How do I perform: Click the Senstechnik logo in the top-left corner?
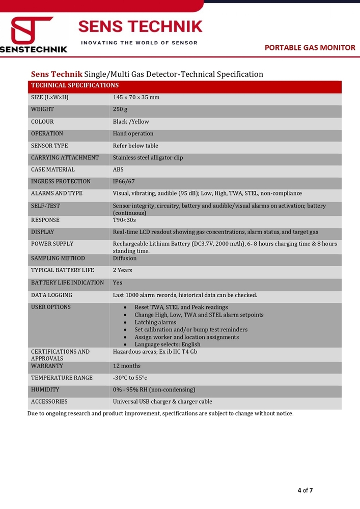(34, 35)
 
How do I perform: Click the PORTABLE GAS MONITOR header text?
(310, 47)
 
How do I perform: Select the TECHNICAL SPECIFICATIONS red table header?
(75, 86)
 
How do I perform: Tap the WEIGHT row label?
(42, 109)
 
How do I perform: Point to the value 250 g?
(120, 109)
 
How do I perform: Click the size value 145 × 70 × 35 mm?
(136, 97)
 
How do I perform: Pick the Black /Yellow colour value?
(131, 122)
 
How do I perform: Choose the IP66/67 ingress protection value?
(124, 181)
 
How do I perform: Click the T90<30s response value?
(124, 220)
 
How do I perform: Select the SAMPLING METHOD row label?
(58, 258)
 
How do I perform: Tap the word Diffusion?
(125, 258)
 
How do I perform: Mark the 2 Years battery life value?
(122, 270)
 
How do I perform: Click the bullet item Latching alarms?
(155, 322)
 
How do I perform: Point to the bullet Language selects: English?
(168, 345)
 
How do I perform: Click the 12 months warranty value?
(126, 366)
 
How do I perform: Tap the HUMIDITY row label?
(45, 389)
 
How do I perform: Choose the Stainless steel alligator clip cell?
(148, 158)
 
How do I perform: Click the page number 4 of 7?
(305, 491)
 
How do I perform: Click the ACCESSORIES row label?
(49, 402)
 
